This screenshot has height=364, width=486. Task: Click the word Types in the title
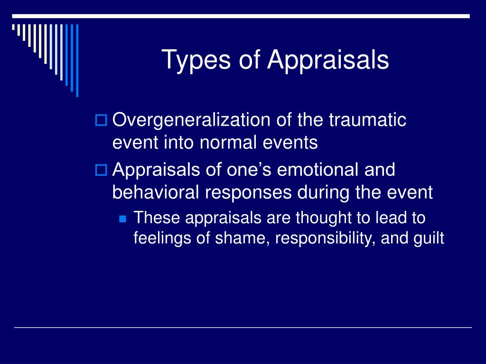coord(196,60)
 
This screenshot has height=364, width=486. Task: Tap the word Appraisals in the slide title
coord(328,60)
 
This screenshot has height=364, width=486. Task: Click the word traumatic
coord(367,119)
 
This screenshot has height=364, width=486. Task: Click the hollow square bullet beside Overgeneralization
coord(101,120)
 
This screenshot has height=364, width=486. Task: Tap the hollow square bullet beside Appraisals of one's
coord(101,170)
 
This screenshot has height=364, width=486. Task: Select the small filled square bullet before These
coord(123,219)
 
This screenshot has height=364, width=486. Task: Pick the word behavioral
coord(155,192)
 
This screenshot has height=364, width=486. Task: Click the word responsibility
coord(325,239)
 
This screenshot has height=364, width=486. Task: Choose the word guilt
coord(429,239)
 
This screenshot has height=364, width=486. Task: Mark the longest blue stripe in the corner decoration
coord(77,60)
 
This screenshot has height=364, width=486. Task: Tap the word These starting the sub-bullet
coord(157,218)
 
